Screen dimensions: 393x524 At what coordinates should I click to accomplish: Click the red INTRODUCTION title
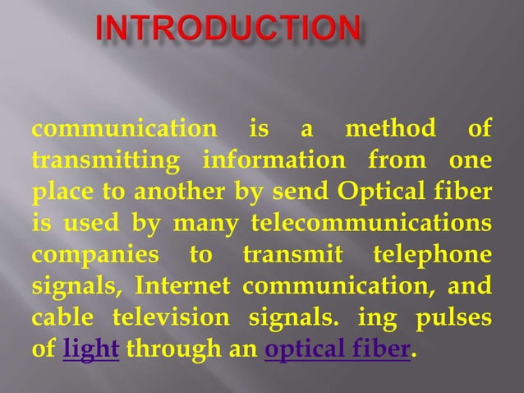tap(228, 30)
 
